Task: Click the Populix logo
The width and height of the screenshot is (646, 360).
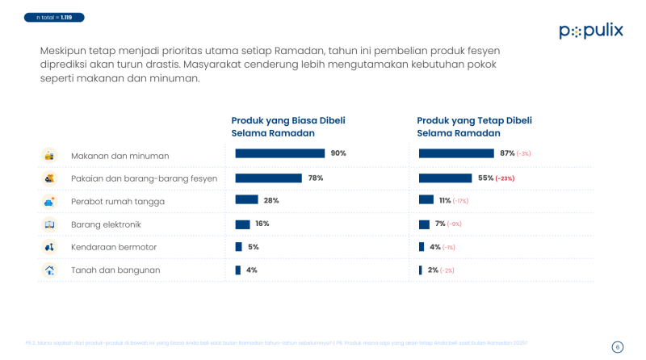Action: pyautogui.click(x=591, y=31)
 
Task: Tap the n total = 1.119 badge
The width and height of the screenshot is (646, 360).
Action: pyautogui.click(x=54, y=17)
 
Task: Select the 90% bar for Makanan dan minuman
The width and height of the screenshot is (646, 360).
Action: pyautogui.click(x=279, y=153)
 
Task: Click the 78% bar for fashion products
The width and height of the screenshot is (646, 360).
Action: pyautogui.click(x=268, y=178)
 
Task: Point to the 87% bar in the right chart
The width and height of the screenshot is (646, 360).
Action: pyautogui.click(x=456, y=153)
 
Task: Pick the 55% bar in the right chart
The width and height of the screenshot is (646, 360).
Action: pyautogui.click(x=445, y=178)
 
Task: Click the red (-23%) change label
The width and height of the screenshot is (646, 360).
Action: pyautogui.click(x=505, y=178)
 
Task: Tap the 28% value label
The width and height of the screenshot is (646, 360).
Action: pyautogui.click(x=271, y=200)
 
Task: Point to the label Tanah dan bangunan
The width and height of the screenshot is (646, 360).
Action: pyautogui.click(x=115, y=270)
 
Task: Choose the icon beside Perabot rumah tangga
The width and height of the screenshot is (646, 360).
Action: pyautogui.click(x=49, y=201)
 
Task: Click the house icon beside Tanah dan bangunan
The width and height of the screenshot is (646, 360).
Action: pyautogui.click(x=49, y=270)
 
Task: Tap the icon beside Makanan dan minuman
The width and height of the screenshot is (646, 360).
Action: pyautogui.click(x=49, y=155)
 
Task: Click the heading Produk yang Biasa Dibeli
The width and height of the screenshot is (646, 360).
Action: pyautogui.click(x=288, y=120)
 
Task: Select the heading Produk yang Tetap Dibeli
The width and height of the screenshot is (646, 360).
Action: pyautogui.click(x=474, y=120)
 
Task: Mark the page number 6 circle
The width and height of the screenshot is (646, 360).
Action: pyautogui.click(x=618, y=347)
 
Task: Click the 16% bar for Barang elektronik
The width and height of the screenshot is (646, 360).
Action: pyautogui.click(x=242, y=224)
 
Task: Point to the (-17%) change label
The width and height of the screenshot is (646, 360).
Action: pyautogui.click(x=460, y=201)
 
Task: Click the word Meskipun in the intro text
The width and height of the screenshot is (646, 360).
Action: pyautogui.click(x=63, y=50)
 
